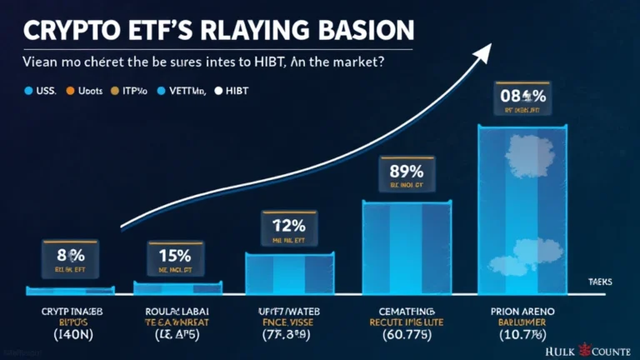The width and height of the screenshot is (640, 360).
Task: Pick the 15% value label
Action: [175, 256]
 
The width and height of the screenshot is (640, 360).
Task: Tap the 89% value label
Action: [402, 172]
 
